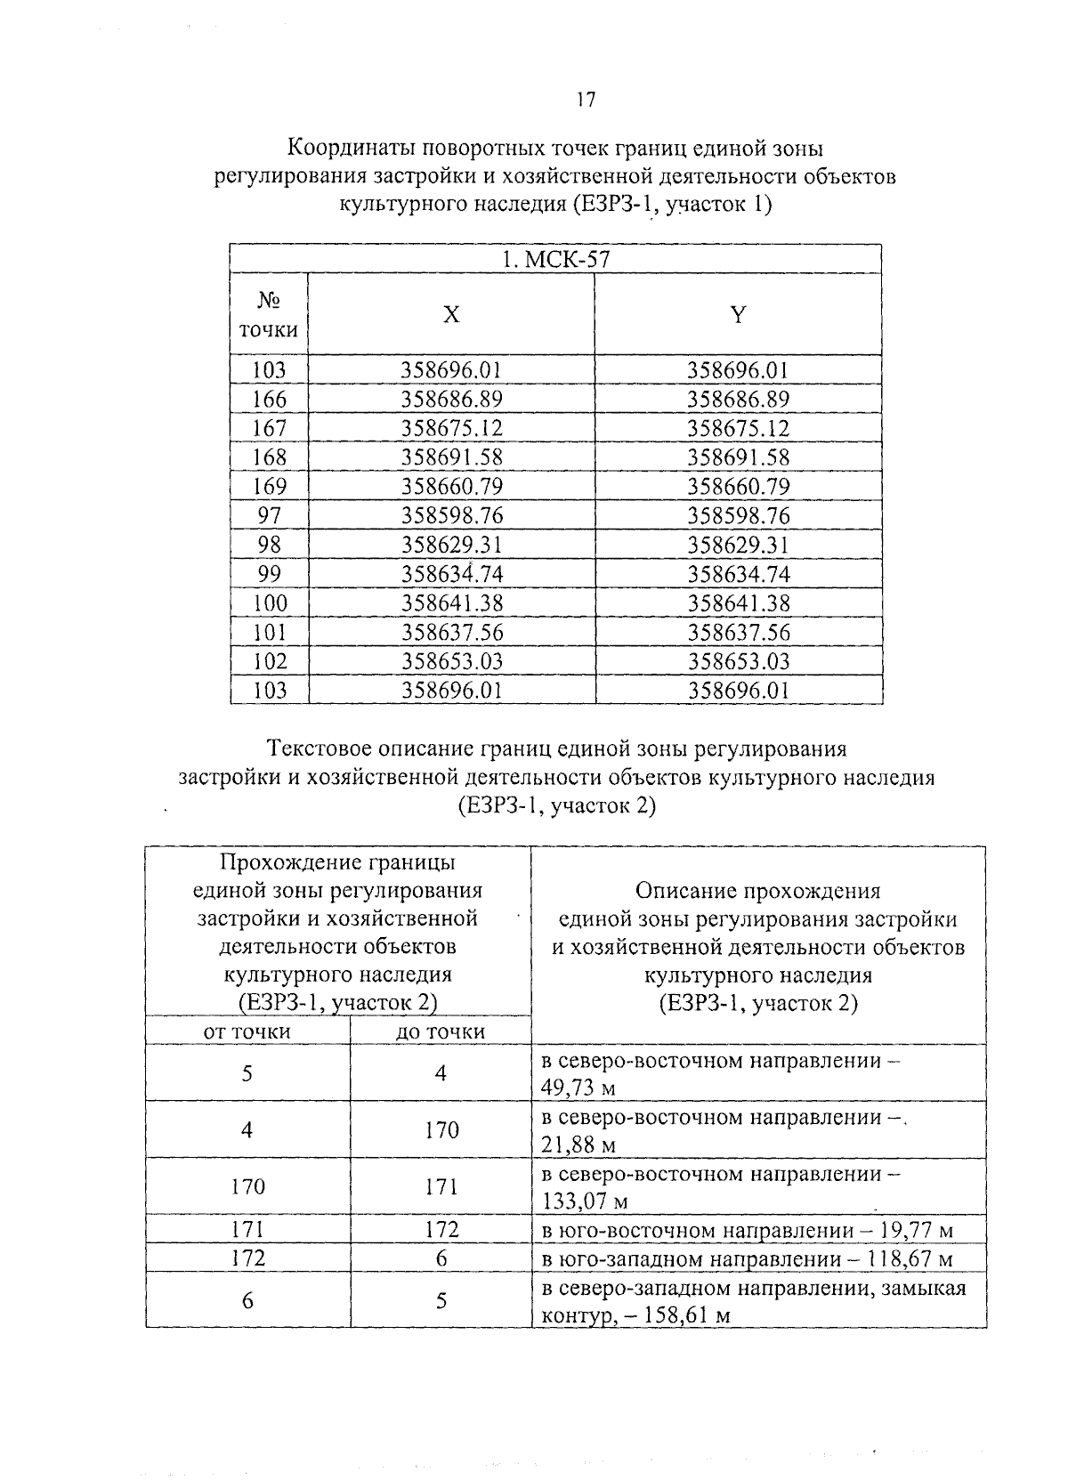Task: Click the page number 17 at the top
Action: (584, 101)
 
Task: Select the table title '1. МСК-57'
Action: (555, 260)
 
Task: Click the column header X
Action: (452, 314)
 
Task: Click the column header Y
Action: (738, 314)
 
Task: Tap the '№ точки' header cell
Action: (269, 316)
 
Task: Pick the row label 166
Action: (269, 399)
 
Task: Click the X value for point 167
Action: (452, 428)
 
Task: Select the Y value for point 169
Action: (738, 486)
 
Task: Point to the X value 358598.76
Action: (452, 515)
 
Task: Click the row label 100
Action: (269, 603)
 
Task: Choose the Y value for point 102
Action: (738, 661)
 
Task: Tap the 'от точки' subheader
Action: (247, 1031)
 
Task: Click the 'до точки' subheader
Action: (441, 1031)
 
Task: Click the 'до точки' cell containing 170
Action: (441, 1129)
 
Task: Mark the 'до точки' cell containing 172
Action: (441, 1230)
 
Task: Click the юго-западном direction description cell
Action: (748, 1259)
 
